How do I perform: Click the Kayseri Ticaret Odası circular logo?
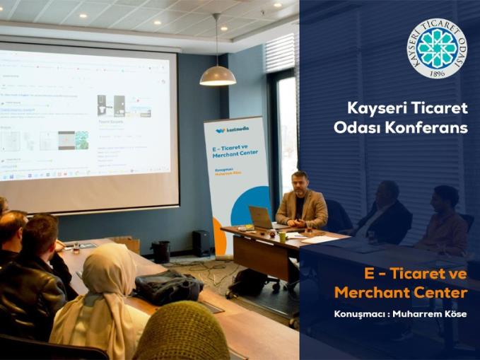(x=436, y=48)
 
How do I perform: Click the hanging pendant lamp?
(x=218, y=75)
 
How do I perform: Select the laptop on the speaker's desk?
(x=261, y=218)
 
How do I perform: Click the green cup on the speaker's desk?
(x=282, y=237)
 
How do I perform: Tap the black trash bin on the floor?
(x=161, y=251)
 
